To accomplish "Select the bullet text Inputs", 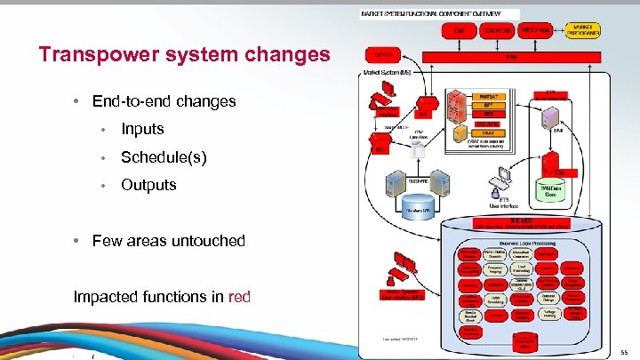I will click(x=142, y=129).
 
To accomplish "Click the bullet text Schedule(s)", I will click(x=164, y=156).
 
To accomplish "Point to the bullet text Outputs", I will click(x=148, y=185).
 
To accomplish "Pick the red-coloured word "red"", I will click(x=240, y=295).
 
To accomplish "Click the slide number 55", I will click(x=624, y=353).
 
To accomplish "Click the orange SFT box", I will click(x=488, y=105).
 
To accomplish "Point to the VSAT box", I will click(x=488, y=132).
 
